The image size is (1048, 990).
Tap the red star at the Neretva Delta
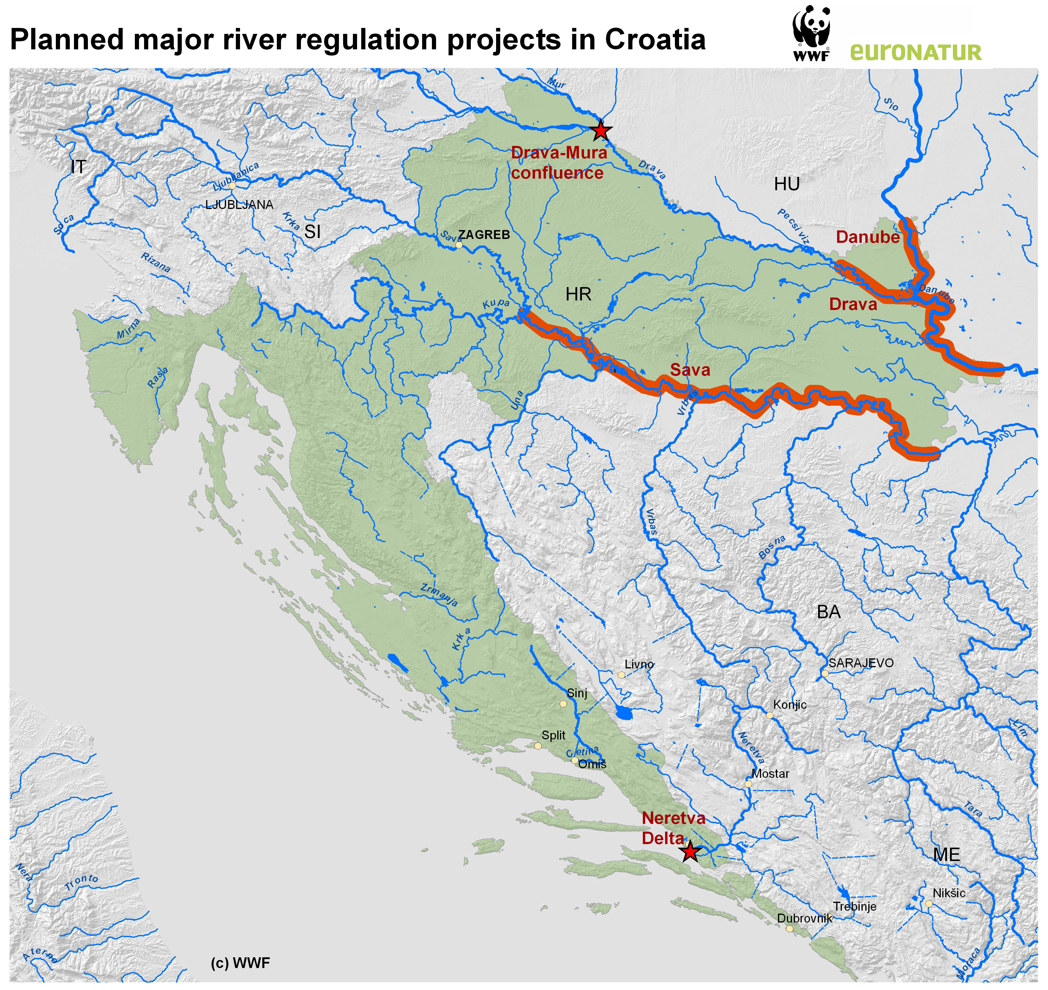[690, 852]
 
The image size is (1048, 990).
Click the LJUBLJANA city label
[239, 205]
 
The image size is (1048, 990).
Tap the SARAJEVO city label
[861, 663]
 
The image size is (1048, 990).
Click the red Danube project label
[868, 237]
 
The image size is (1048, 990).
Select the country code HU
[787, 184]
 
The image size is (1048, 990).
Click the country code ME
[947, 854]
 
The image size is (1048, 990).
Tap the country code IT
[78, 167]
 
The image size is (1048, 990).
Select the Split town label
[553, 735]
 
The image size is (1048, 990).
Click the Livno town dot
[621, 675]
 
